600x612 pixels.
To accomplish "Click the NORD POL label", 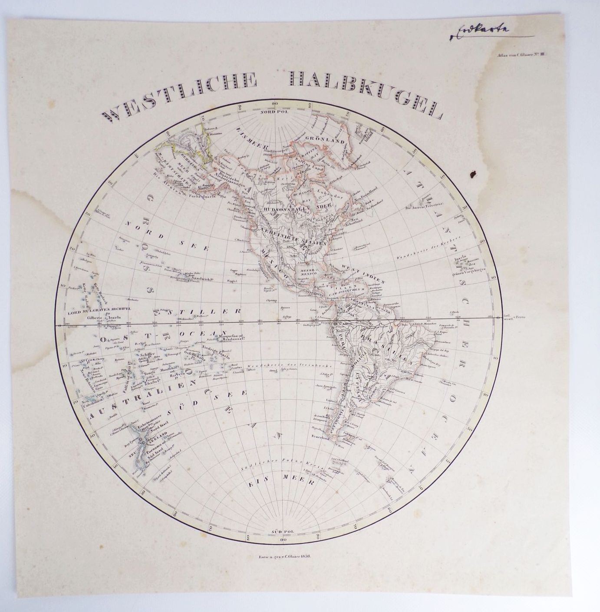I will (x=274, y=112).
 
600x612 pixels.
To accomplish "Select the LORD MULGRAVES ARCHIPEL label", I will (x=100, y=310).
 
